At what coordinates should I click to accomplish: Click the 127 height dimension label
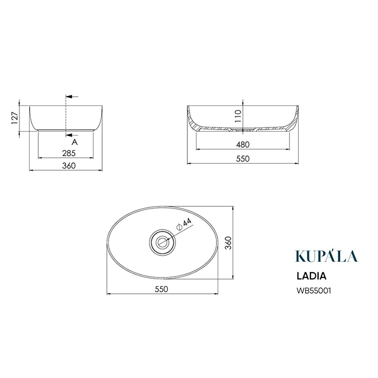(15, 118)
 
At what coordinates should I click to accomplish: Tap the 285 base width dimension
(69, 153)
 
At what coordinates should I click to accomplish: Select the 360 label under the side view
(69, 166)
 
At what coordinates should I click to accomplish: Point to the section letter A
(75, 142)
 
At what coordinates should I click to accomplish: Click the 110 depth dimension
(238, 116)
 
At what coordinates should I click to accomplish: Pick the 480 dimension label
(243, 145)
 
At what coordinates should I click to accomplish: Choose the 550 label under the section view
(243, 159)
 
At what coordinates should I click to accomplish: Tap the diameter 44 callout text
(184, 224)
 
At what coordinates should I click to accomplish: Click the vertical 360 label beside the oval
(228, 243)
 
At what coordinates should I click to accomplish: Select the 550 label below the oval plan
(161, 289)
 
